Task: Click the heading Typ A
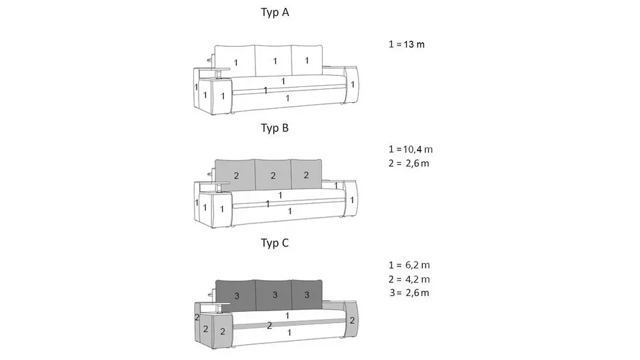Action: coord(274,13)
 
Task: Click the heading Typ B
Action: coord(274,128)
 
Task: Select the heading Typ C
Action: coord(274,243)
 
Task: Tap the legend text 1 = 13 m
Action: coord(406,44)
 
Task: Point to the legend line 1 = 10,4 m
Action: coord(410,149)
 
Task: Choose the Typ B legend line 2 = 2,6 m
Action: coord(409,164)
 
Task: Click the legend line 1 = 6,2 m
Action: coord(409,265)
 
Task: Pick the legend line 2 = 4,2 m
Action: coord(409,280)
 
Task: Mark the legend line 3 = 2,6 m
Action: coord(409,293)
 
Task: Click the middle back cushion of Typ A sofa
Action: coord(273,61)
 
